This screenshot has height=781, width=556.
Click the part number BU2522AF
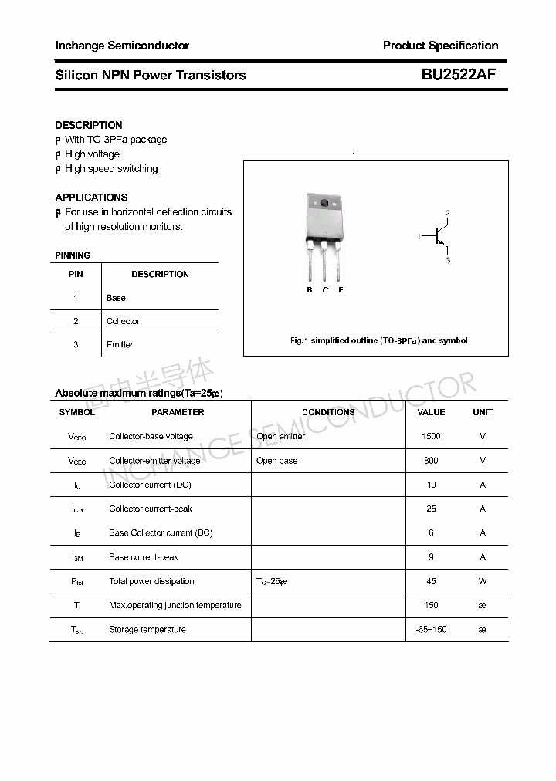[x=458, y=75]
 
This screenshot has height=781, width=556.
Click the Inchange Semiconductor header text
[x=122, y=46]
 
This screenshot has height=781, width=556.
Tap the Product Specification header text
[x=440, y=46]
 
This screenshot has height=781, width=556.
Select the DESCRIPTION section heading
[x=89, y=125]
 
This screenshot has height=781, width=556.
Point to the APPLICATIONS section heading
[x=91, y=198]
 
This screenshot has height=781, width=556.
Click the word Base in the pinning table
[x=116, y=298]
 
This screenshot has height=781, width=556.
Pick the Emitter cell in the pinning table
[x=120, y=344]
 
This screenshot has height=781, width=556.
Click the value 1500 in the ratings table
[x=431, y=436]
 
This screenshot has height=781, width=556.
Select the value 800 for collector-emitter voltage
[x=431, y=461]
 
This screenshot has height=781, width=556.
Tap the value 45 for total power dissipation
[x=431, y=581]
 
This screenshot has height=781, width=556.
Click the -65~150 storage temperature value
[x=431, y=630]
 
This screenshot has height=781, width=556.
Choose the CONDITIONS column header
[x=328, y=412]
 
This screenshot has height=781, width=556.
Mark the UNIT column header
[x=483, y=412]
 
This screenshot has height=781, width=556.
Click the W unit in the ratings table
[x=483, y=581]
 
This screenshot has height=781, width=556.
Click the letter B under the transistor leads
[x=310, y=290]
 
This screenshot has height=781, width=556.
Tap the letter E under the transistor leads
[x=341, y=290]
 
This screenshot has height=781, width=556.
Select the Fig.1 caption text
[x=378, y=340]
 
